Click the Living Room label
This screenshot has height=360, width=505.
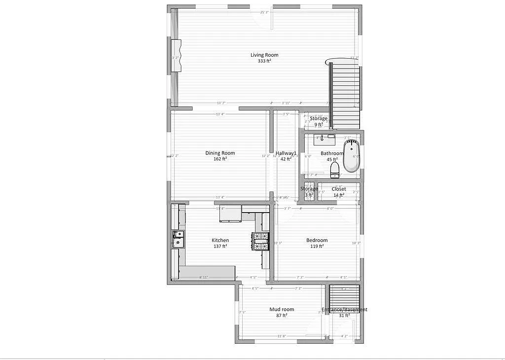tap(264, 55)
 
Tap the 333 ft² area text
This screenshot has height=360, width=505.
tap(264, 61)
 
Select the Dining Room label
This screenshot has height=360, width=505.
tap(220, 153)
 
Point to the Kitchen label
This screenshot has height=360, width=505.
tap(220, 240)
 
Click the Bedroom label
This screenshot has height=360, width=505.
tap(317, 240)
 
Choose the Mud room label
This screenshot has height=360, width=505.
tap(282, 309)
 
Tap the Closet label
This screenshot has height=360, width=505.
tap(339, 189)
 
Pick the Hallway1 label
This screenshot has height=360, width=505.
tap(286, 153)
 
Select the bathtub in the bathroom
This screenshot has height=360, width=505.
tap(352, 156)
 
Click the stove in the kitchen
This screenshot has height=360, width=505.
tap(260, 241)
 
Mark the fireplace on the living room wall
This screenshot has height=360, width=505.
tap(177, 57)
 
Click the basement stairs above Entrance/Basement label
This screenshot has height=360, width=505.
tap(345, 296)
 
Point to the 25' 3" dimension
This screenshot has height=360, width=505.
tap(264, 12)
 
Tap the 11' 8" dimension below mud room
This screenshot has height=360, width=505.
tap(282, 336)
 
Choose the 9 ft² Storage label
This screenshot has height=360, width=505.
tap(319, 122)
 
